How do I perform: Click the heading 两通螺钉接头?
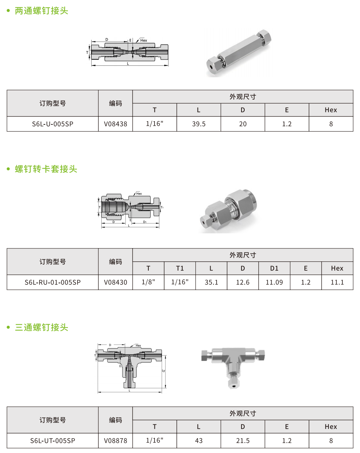tap(41, 11)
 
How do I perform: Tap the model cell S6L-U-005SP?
tap(52, 124)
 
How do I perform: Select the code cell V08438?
tap(116, 124)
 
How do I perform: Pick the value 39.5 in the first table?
tap(199, 124)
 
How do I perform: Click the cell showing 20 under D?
tap(243, 124)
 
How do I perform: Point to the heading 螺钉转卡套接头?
tap(46, 169)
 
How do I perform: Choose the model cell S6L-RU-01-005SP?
tap(52, 282)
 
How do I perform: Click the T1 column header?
tap(180, 269)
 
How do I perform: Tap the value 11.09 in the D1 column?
tap(274, 282)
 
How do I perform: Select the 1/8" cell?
tap(148, 282)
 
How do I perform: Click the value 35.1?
tap(211, 282)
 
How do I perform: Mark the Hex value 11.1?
tap(337, 282)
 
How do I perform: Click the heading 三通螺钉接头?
tap(41, 327)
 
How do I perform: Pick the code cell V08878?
tap(116, 440)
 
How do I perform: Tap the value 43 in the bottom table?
tap(199, 440)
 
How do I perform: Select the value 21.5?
tap(243, 440)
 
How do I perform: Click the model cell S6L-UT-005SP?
tap(52, 440)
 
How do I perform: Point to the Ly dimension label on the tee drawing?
tap(163, 371)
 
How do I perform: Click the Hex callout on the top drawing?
tap(144, 40)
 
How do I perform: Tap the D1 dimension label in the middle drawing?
tap(145, 222)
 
